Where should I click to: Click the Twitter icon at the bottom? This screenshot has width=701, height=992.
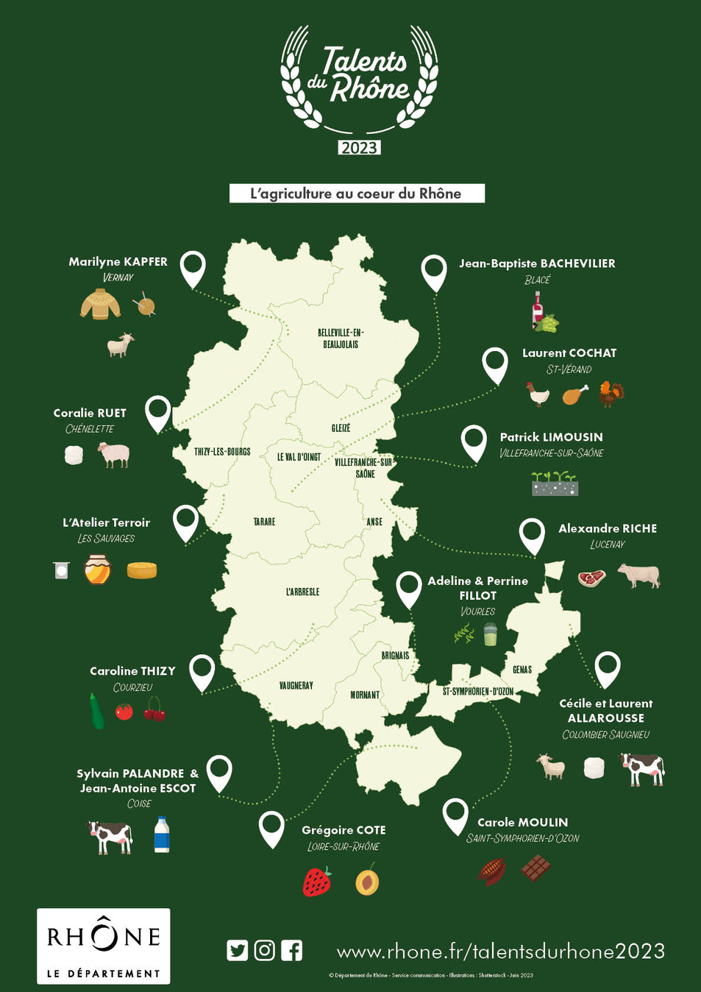pos(238,950)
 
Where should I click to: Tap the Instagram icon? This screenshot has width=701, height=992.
pos(265,950)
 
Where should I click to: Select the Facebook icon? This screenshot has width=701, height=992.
pos(292,950)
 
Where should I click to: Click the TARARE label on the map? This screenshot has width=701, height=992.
pos(264,522)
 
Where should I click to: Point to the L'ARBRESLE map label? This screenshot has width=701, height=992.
pos(302,592)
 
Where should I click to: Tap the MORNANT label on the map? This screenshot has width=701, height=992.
pos(365,695)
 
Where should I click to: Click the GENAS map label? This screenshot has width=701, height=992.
pos(522,670)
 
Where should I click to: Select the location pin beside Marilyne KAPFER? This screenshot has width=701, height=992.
pos(193,266)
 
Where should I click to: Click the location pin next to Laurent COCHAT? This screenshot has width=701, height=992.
pos(495,363)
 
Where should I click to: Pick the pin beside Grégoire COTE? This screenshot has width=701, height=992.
pos(272,826)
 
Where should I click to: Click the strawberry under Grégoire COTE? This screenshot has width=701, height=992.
pos(317,882)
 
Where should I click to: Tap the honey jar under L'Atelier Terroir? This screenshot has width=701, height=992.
pos(97,570)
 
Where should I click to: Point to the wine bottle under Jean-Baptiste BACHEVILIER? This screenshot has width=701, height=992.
pos(538,308)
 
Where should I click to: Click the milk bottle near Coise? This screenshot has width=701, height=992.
pos(162,835)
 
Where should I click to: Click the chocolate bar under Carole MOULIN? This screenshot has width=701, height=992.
pos(535,868)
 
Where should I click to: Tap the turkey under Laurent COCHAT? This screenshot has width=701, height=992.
pos(611,393)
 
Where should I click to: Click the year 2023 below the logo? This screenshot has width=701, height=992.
pos(359,148)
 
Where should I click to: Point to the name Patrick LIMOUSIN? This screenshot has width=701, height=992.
pos(551,437)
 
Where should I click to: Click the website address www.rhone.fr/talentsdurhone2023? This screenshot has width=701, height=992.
pos(500,951)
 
